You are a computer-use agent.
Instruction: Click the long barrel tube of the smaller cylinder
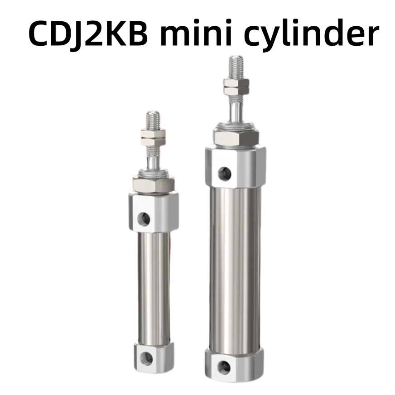point(154,285)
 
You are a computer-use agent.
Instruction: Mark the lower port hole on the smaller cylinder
point(147,359)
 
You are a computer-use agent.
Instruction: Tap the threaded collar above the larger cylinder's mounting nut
point(236,124)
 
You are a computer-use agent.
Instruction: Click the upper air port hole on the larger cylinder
point(224,173)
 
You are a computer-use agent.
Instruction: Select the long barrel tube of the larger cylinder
point(235,267)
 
